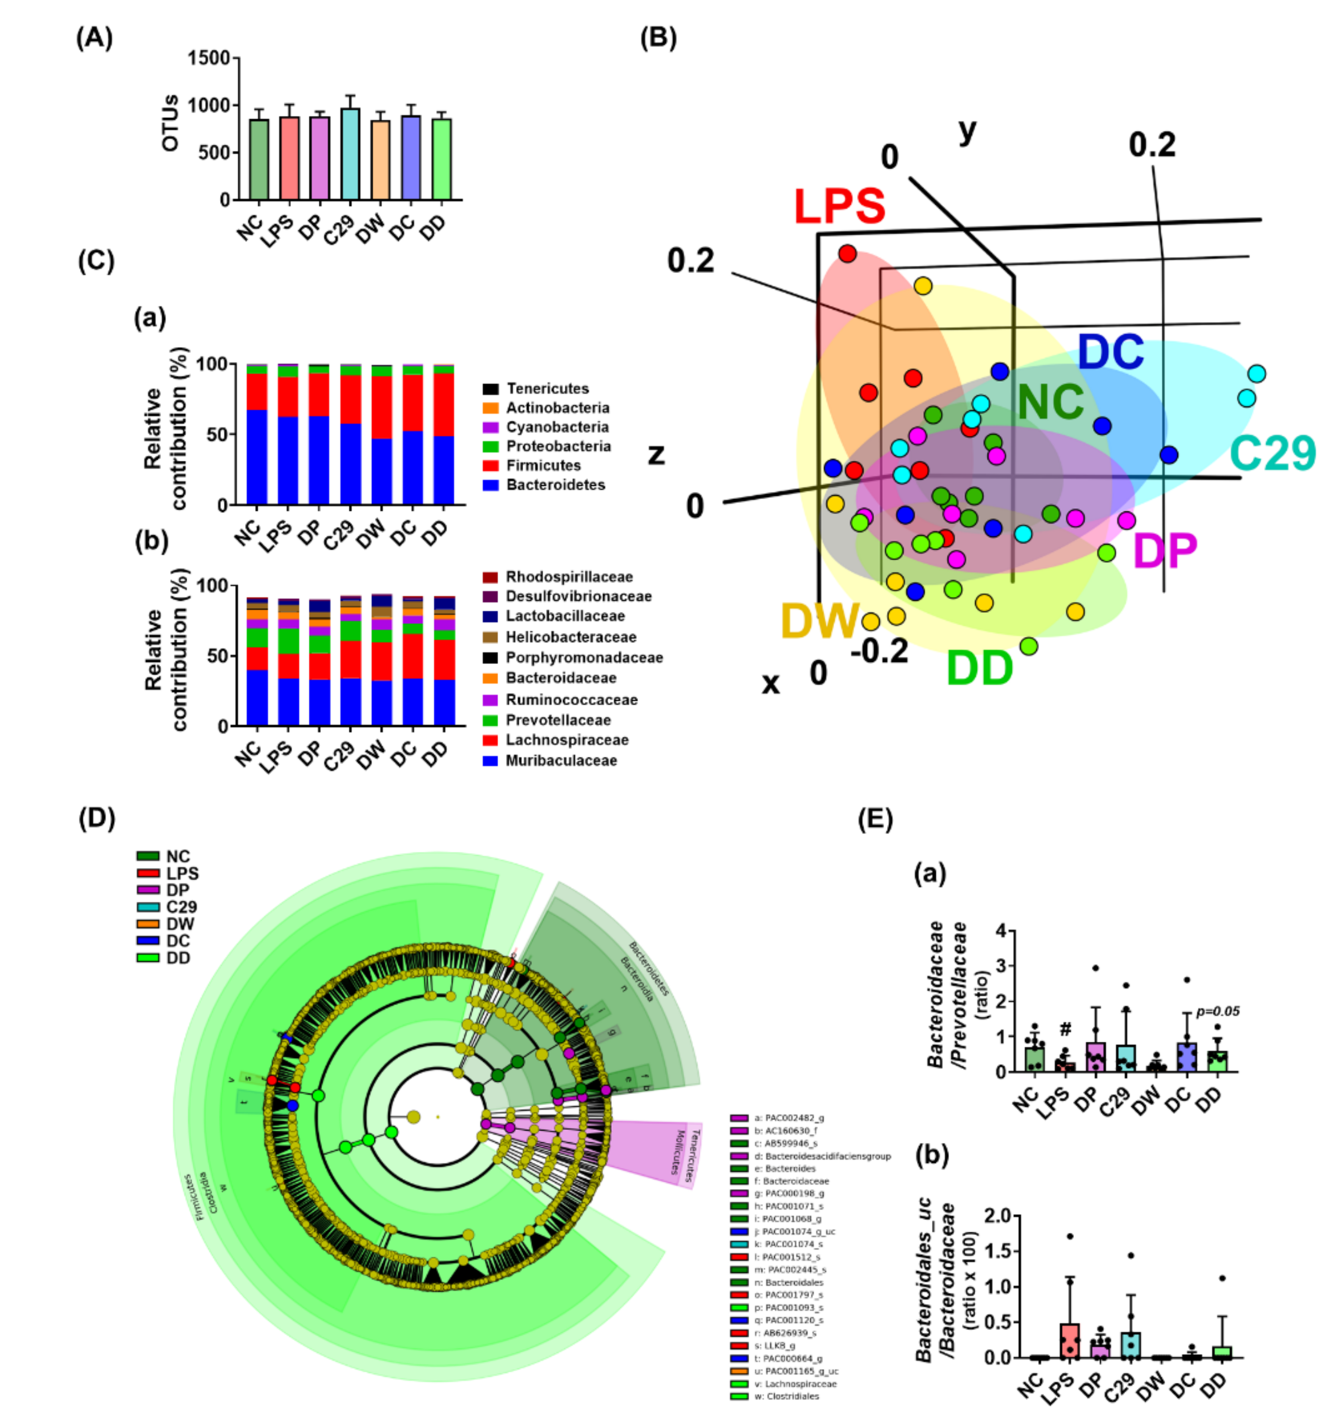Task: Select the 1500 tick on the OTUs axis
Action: pos(208,58)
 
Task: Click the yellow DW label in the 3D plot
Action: pos(819,620)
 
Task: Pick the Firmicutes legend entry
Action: pos(543,466)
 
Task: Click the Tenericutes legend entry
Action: pos(547,388)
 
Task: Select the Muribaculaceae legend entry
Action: pos(561,761)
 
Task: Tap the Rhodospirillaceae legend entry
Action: pos(569,577)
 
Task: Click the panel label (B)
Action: pos(658,37)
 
